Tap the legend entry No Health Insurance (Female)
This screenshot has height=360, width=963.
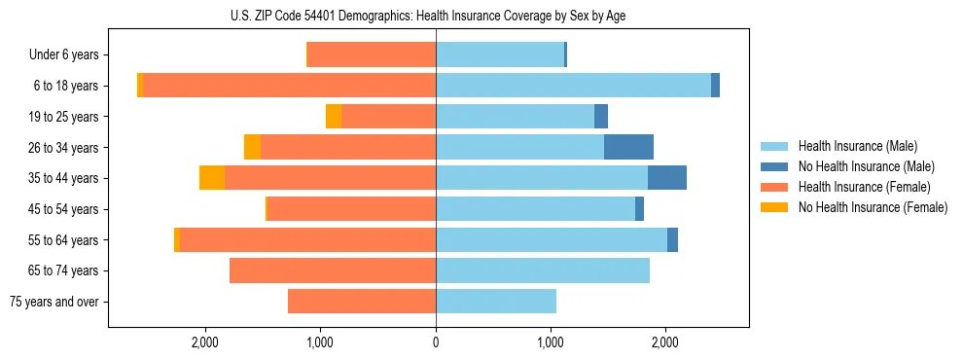point(873,207)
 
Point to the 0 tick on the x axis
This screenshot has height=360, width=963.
point(436,342)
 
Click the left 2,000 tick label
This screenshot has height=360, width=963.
point(205,342)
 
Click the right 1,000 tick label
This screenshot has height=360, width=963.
point(551,342)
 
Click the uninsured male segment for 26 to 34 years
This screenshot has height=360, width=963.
point(628,147)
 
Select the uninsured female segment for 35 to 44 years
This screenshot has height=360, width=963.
point(212,178)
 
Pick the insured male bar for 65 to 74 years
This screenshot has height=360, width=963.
point(543,270)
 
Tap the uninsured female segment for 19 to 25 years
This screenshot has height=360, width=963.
point(334,117)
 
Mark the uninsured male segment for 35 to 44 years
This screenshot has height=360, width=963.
point(667,178)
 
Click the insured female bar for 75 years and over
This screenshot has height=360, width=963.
point(362,302)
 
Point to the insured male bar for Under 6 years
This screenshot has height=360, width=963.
point(500,55)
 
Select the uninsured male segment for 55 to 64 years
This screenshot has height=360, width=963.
point(672,239)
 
